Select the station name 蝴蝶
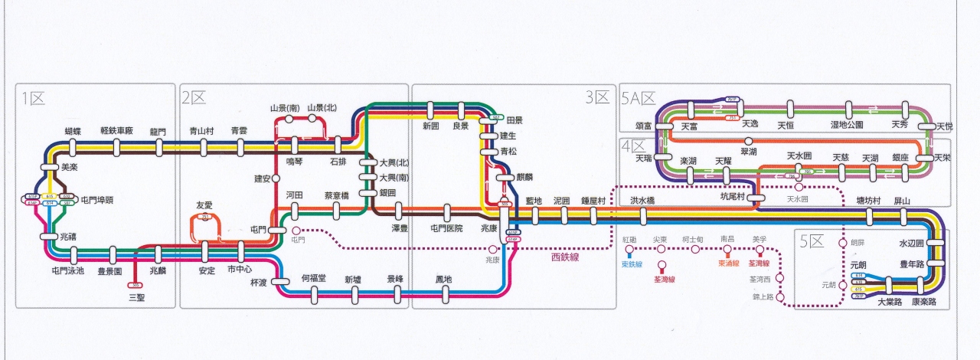[x=73, y=131]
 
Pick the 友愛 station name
[x=204, y=205]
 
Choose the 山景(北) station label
[x=322, y=108]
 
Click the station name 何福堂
[x=314, y=279]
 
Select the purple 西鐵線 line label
[x=566, y=257]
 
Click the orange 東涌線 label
[x=729, y=264]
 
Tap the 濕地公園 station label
[x=847, y=124]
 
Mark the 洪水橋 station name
[x=642, y=201]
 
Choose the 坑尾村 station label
[x=733, y=196]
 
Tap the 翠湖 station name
[x=748, y=152]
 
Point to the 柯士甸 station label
[x=692, y=240]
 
